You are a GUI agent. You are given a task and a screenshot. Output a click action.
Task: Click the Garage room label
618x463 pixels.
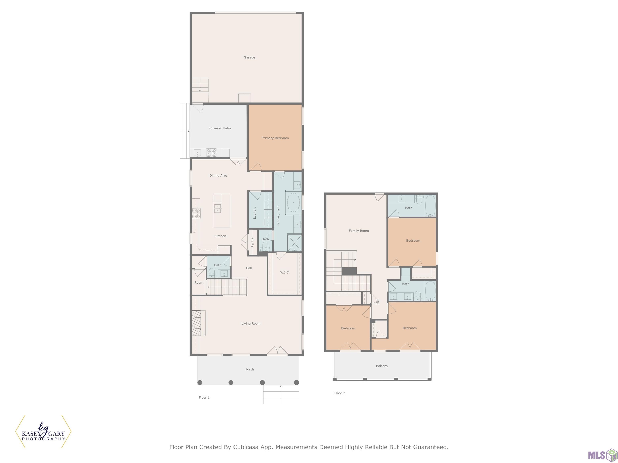point(249,57)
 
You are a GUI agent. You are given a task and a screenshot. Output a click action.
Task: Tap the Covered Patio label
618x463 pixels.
point(220,128)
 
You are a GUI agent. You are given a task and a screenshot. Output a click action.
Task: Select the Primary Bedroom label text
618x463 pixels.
point(275,138)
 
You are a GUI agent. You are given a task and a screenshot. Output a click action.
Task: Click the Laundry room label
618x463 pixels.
point(254,213)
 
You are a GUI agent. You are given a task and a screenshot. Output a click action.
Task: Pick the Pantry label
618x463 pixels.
point(252,242)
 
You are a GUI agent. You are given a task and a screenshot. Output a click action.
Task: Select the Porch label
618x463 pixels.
point(249,369)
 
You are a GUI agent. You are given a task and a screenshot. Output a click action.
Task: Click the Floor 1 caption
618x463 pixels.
point(204,397)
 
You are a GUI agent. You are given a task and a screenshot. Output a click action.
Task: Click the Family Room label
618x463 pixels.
point(359,231)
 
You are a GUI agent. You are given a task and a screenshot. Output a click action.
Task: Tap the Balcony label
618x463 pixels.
point(382,366)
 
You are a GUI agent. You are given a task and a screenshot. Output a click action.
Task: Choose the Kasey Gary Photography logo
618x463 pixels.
point(43,431)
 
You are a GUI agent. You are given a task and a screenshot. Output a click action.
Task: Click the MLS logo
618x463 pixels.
point(603,455)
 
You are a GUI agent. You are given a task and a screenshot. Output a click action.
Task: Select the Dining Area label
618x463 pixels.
point(218,176)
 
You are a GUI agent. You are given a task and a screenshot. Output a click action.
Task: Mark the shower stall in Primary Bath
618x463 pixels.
point(295,243)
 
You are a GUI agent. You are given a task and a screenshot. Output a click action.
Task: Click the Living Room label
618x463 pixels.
point(251,324)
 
